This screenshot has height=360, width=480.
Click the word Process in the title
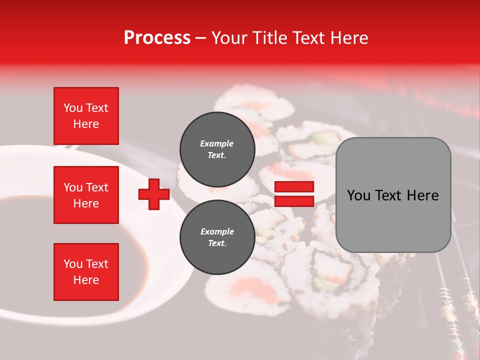point(157,38)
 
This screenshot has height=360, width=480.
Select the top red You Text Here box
point(86,116)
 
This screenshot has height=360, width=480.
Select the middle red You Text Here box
point(86,195)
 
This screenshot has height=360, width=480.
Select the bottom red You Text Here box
point(86,272)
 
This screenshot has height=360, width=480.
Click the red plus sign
point(154,194)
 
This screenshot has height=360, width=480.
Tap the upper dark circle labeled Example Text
point(217,149)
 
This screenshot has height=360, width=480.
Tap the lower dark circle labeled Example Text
point(217,237)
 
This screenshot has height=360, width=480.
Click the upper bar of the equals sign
point(294,186)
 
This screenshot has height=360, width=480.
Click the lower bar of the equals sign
point(294,201)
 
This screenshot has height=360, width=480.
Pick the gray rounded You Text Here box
point(393,195)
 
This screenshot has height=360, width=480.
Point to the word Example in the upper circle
point(217,143)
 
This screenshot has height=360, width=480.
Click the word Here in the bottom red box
point(86,280)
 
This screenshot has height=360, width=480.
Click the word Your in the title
point(228,38)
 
